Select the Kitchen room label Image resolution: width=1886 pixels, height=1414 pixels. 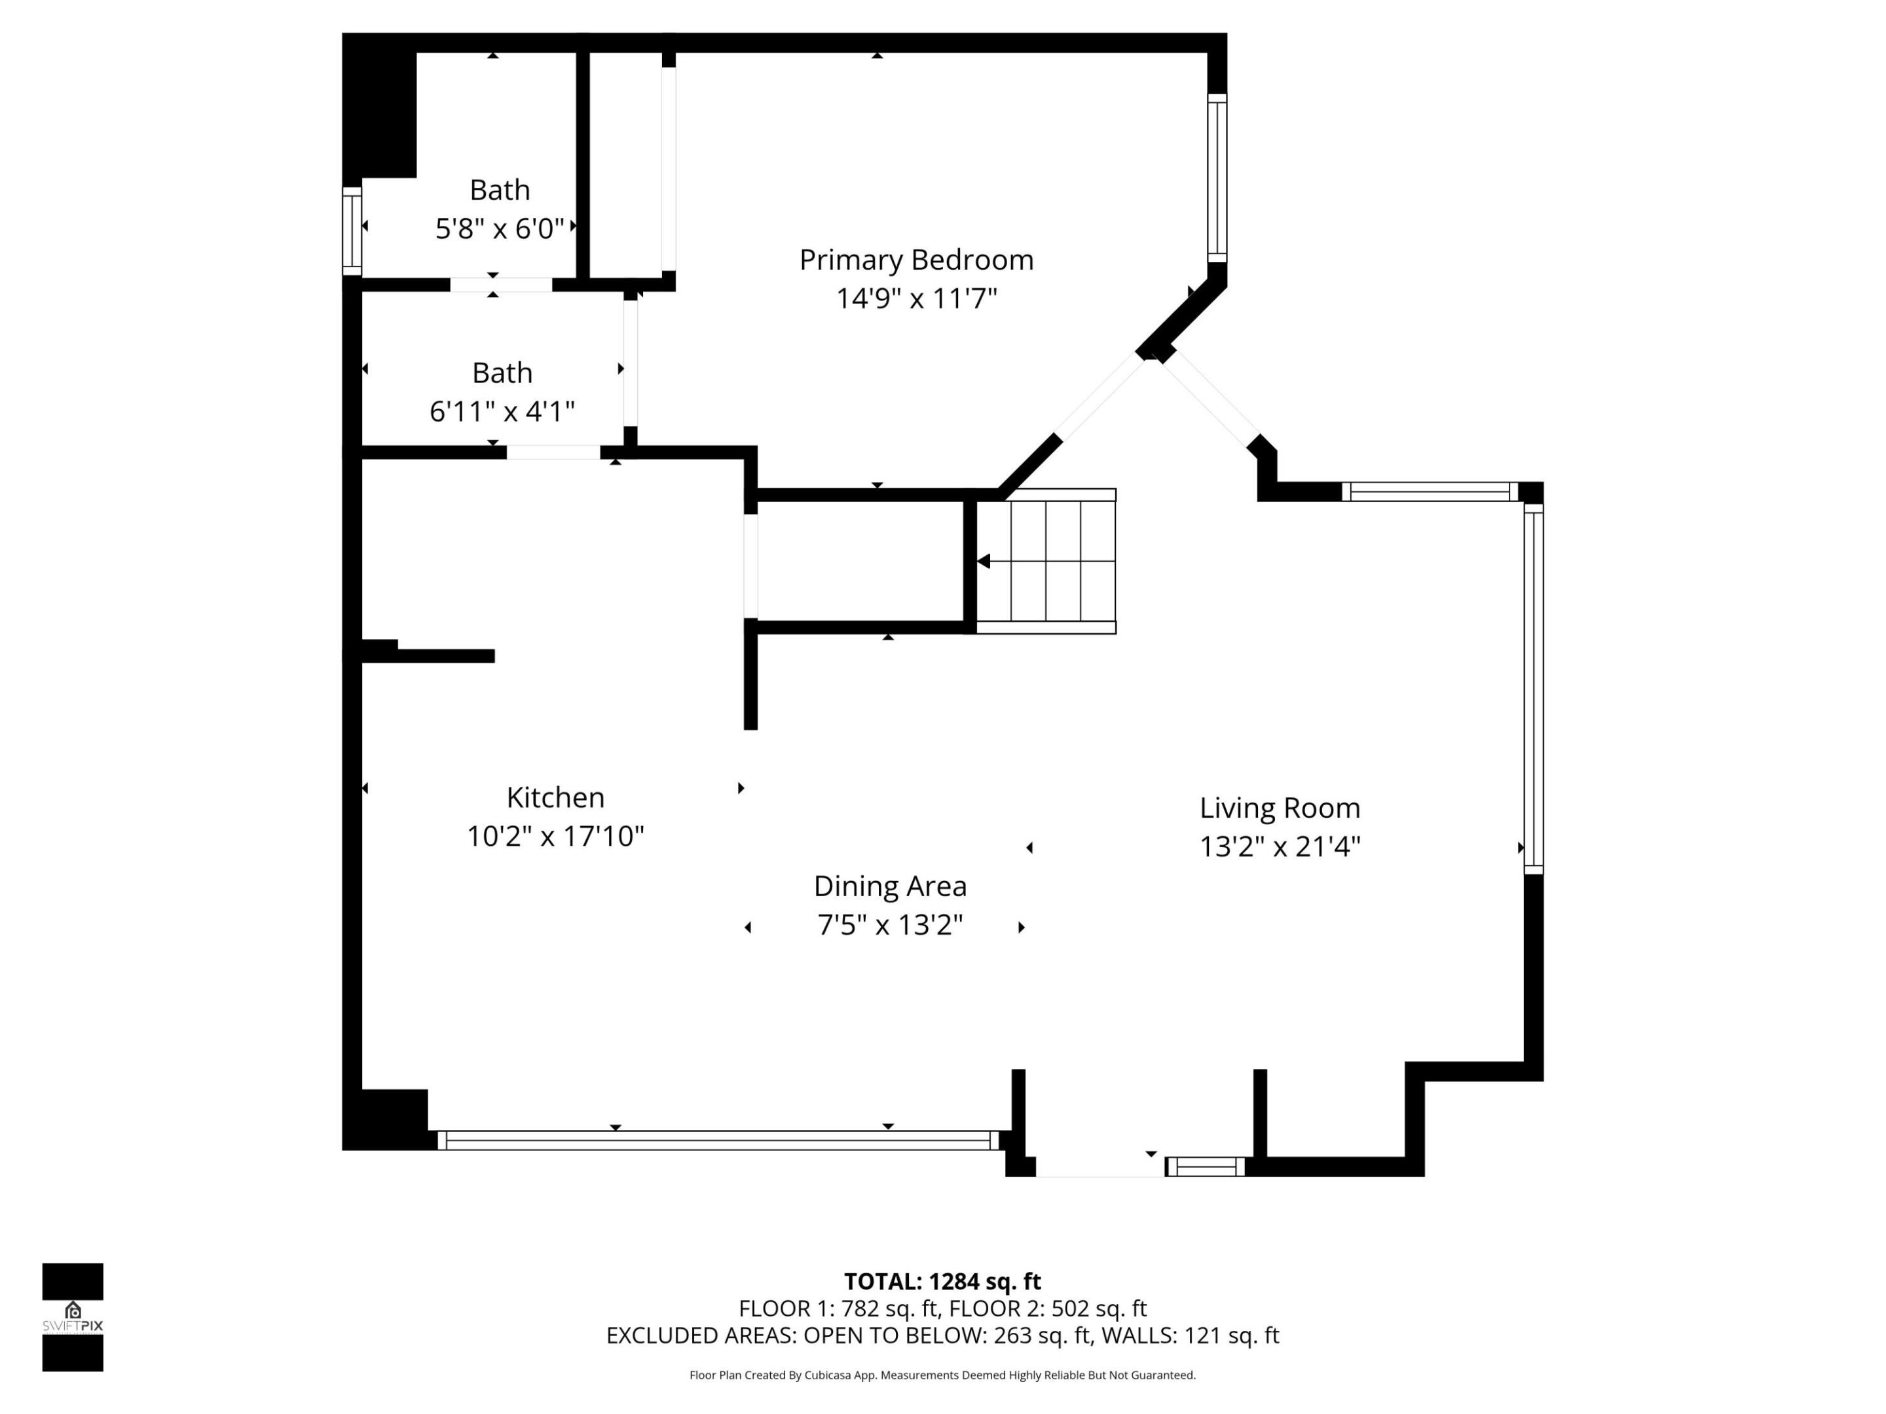tap(555, 798)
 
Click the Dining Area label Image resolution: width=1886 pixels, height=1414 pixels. tap(890, 886)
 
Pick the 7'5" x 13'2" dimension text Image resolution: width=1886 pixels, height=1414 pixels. tap(890, 926)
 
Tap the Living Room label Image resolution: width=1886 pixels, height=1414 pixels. tap(1279, 808)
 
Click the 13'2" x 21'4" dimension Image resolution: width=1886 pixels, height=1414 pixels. tap(1279, 847)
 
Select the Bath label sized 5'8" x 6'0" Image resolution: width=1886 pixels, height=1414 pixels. tap(500, 190)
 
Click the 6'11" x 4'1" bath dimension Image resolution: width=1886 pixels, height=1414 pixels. tap(502, 412)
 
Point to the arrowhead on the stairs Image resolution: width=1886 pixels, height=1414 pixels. tap(984, 562)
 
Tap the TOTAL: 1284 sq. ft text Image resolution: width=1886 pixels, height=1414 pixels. tap(942, 1282)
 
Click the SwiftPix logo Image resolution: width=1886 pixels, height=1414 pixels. tap(73, 1317)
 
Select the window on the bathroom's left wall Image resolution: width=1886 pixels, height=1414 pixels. tap(351, 231)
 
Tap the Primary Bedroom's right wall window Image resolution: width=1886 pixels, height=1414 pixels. tap(1217, 178)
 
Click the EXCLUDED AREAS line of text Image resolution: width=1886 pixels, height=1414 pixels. tap(942, 1335)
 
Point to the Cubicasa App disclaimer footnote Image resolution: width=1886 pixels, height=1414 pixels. tap(942, 1375)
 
